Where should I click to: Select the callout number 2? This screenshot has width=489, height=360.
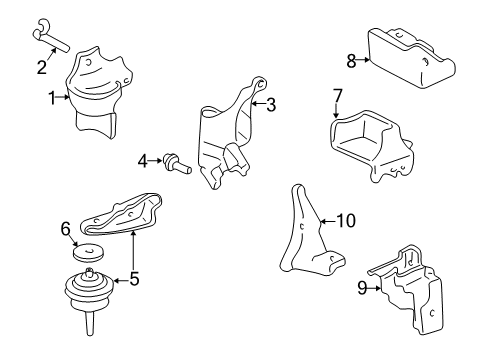41,67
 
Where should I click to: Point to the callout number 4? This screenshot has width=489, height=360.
143,158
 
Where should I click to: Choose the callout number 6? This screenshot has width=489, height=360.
67,229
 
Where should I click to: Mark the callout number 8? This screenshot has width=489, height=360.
351,61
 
